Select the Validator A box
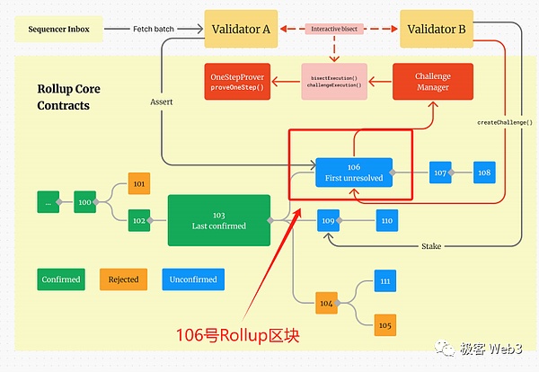(242, 30)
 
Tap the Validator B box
(437, 30)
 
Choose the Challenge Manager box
(433, 82)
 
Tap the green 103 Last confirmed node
(218, 220)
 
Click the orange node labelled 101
(138, 186)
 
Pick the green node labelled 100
(85, 203)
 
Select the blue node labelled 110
(386, 220)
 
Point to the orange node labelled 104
(327, 304)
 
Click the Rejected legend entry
(123, 279)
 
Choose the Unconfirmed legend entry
(193, 279)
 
